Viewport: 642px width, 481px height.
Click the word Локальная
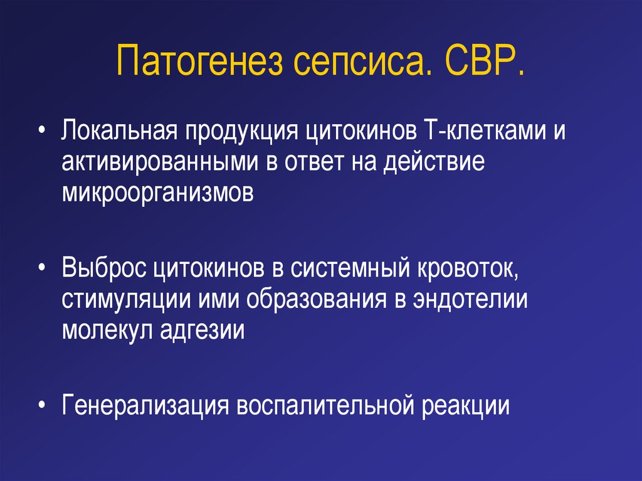click(x=120, y=130)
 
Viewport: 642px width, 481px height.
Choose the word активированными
click(x=160, y=162)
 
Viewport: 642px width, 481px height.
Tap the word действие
click(x=434, y=162)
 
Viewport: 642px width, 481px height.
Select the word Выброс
click(x=104, y=268)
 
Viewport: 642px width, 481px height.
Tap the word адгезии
click(x=202, y=330)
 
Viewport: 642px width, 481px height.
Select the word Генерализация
click(x=145, y=406)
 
